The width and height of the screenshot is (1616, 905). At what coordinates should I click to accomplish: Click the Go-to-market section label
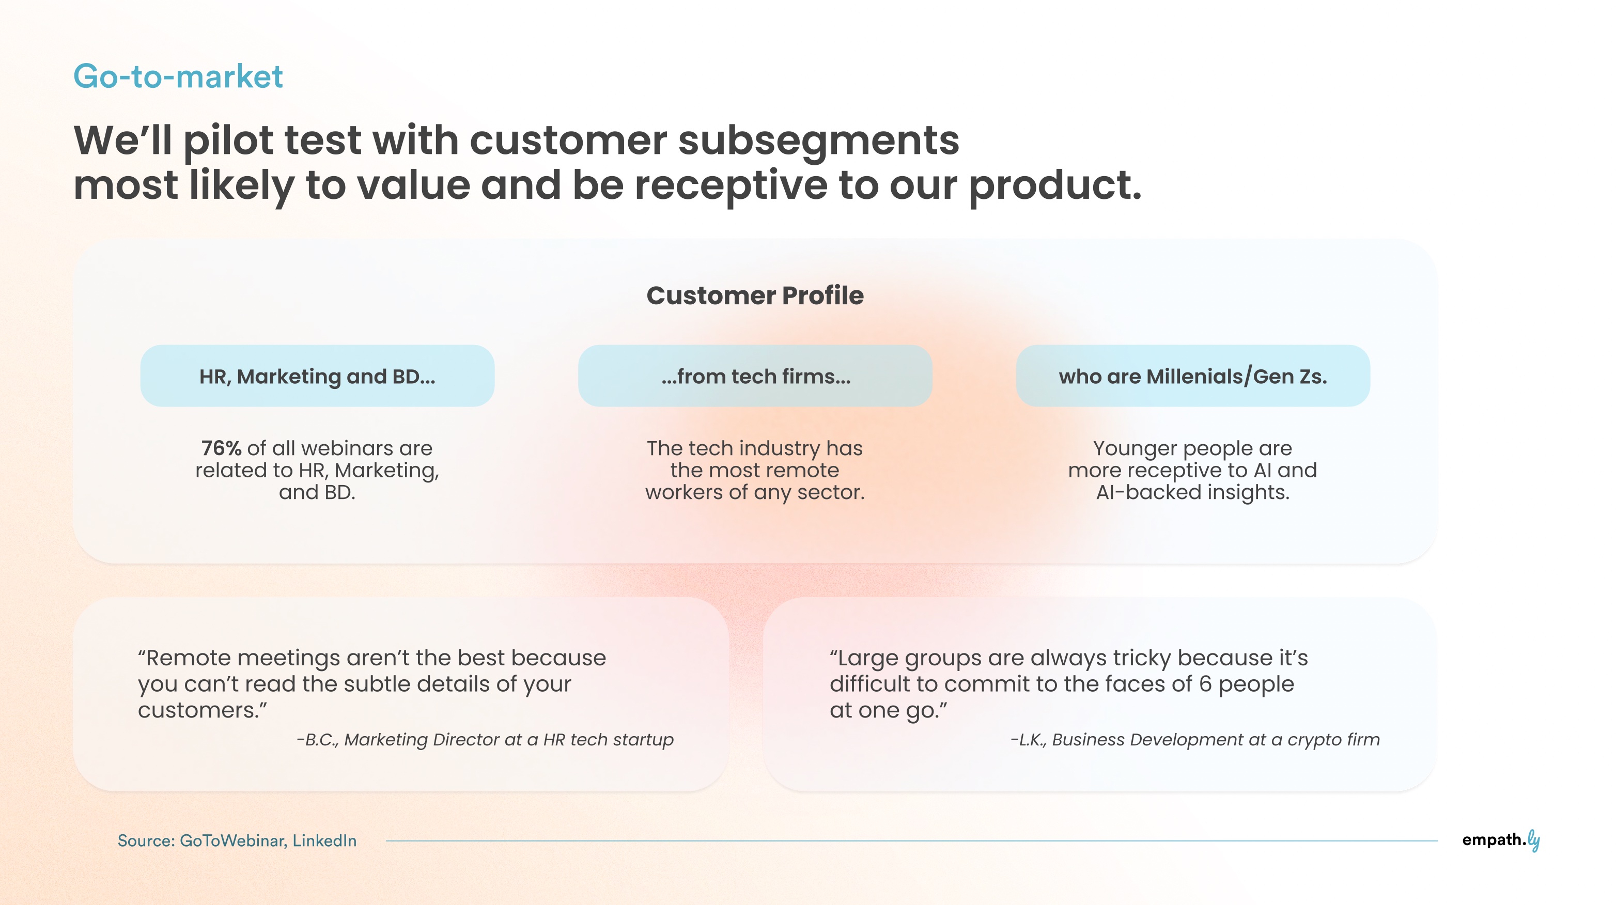tap(178, 76)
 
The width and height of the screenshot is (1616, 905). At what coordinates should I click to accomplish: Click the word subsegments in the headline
tap(819, 141)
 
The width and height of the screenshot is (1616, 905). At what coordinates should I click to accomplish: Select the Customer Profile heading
tap(755, 295)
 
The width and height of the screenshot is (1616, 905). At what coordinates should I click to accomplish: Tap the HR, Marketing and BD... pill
tap(317, 376)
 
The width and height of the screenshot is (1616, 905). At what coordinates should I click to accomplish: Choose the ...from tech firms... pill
tap(755, 376)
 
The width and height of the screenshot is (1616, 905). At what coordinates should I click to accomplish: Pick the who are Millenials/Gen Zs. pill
tap(1192, 376)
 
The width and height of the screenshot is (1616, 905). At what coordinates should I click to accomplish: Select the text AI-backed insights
tap(1192, 492)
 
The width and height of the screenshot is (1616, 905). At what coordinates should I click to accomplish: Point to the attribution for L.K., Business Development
tap(1195, 740)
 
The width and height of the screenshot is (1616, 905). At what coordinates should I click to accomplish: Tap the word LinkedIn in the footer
tap(324, 840)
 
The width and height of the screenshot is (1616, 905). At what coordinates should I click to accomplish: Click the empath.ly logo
tap(1501, 840)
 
